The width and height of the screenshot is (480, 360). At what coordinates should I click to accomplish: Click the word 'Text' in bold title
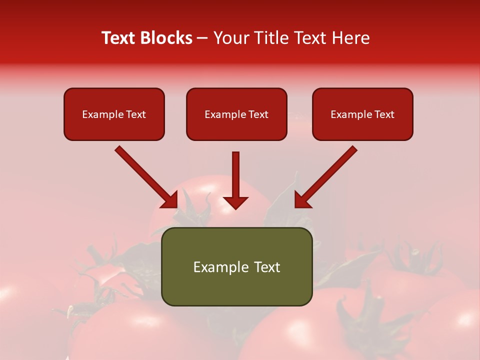(119, 38)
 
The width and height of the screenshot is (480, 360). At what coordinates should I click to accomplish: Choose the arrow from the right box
(327, 175)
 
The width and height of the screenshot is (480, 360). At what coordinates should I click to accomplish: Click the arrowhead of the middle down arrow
(235, 202)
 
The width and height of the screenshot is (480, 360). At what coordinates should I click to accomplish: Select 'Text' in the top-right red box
(384, 114)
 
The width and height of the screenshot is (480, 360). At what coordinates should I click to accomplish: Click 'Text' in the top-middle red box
(258, 114)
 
